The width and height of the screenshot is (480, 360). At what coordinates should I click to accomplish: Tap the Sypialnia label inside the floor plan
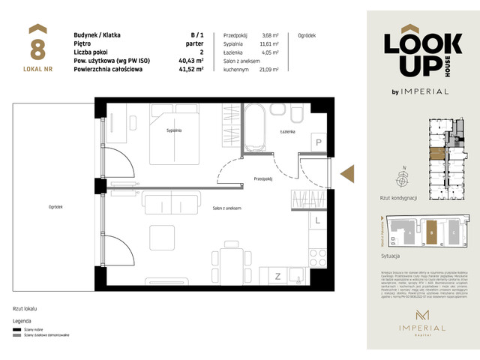tap(176, 130)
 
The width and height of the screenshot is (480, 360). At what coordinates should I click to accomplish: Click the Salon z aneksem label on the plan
tap(226, 208)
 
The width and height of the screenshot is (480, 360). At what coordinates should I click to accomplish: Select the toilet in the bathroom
tap(297, 114)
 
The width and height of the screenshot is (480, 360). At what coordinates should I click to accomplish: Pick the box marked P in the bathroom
tap(317, 142)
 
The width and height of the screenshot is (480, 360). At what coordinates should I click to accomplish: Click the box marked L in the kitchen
tap(317, 220)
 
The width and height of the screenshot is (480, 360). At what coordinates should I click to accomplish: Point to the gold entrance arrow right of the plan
tap(348, 173)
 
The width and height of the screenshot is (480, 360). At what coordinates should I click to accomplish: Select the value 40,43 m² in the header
tap(198, 61)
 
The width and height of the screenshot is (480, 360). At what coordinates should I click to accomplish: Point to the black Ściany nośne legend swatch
tap(16, 328)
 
